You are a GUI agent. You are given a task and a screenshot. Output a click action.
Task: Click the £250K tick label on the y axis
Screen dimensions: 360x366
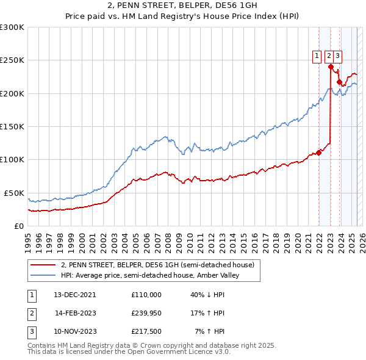point(12,60)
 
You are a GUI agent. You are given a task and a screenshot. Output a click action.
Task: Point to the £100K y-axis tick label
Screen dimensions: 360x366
point(12,159)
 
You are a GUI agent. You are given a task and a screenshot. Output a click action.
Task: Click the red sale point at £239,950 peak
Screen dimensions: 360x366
point(331,67)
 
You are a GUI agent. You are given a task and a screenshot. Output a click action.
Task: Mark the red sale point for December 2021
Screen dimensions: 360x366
point(318,153)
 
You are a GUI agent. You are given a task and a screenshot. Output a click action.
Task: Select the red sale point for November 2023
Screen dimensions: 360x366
point(339,82)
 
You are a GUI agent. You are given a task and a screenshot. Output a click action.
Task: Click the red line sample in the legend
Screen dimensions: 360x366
point(43,265)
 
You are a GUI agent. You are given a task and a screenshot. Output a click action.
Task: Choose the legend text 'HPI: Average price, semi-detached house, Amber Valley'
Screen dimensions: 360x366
point(150,275)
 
